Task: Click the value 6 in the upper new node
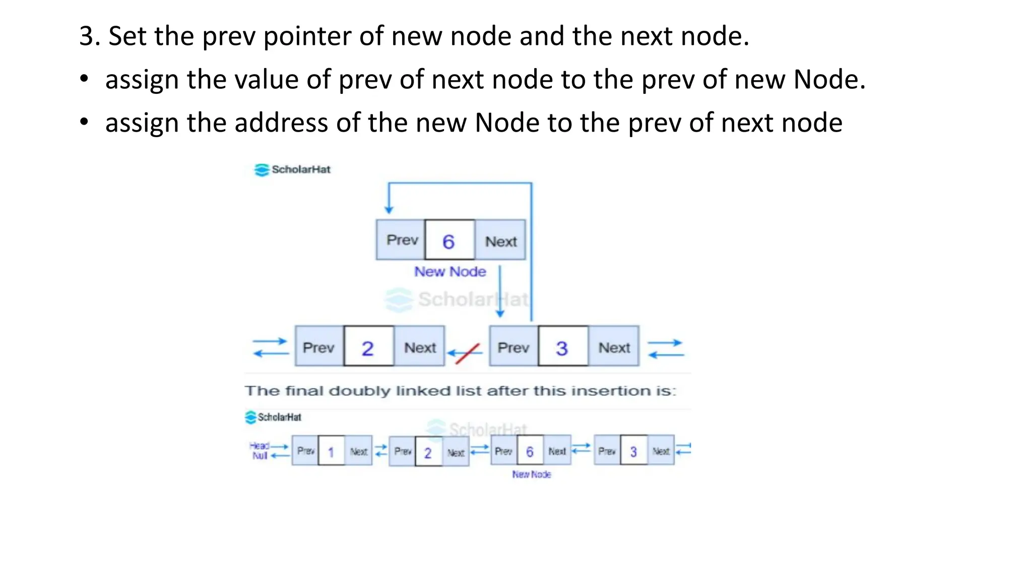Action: (x=448, y=241)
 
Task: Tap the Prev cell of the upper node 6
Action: (x=402, y=240)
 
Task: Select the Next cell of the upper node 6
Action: (x=500, y=241)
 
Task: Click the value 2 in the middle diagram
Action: (x=368, y=348)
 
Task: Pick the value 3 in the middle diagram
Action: (x=562, y=348)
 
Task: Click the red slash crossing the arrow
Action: (x=467, y=353)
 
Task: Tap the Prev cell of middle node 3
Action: (x=513, y=347)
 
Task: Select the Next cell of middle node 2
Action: (x=420, y=347)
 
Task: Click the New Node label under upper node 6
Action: (x=450, y=271)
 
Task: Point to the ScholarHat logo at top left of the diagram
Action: (x=292, y=169)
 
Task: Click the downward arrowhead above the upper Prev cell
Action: (x=389, y=209)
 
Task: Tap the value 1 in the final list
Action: (x=331, y=452)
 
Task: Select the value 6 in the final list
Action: (x=530, y=451)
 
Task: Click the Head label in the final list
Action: (x=259, y=446)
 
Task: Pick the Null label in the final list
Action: (x=260, y=456)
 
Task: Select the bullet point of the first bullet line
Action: (x=84, y=79)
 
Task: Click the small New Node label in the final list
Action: (x=531, y=475)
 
